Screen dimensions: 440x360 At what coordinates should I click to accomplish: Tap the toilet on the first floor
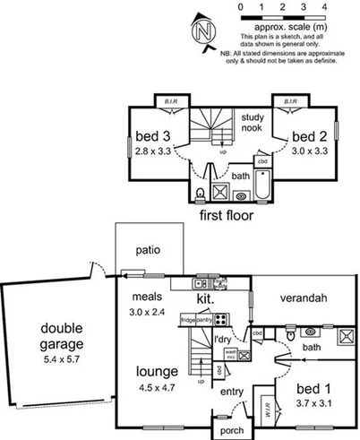(x=200, y=194)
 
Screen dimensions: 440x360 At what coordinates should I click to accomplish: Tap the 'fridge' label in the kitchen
(x=188, y=318)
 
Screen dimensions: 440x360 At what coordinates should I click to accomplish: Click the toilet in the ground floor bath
(x=287, y=332)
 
